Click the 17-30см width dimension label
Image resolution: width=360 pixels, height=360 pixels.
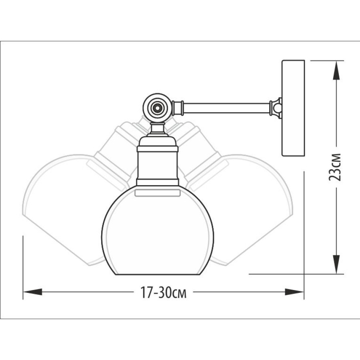tap(164, 292)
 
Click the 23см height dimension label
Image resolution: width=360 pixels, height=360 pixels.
tap(335, 167)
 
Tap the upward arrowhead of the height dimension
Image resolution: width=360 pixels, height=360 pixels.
tap(336, 70)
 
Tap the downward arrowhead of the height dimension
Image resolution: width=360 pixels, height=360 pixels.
tap(336, 264)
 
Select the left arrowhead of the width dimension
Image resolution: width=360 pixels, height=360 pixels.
tap(33, 292)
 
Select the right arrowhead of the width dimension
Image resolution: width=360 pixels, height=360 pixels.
tap(294, 292)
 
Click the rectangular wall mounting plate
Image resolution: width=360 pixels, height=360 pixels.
tap(293, 108)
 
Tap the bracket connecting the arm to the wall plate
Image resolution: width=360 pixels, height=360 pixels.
tap(276, 108)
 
